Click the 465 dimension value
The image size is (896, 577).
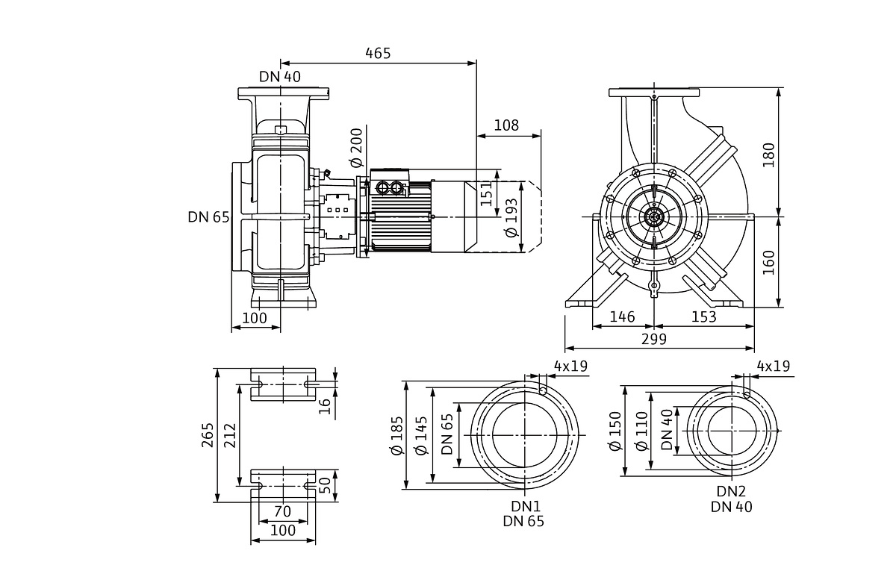click(378, 54)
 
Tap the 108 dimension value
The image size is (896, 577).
click(506, 125)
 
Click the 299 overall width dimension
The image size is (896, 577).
click(653, 340)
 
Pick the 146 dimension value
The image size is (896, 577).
click(622, 317)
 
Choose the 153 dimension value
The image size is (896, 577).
click(703, 317)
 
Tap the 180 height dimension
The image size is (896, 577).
click(768, 154)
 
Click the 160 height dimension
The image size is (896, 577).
click(768, 262)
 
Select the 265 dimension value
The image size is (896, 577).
click(208, 434)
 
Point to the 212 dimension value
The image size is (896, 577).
click(229, 434)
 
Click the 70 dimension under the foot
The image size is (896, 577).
click(281, 512)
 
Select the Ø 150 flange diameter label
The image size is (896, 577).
click(615, 431)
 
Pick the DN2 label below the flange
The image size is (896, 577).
click(731, 492)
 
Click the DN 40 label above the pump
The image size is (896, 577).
click(280, 76)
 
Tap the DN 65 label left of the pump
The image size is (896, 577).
click(208, 217)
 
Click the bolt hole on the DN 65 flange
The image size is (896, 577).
click(543, 389)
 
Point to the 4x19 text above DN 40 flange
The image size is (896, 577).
click(773, 367)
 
